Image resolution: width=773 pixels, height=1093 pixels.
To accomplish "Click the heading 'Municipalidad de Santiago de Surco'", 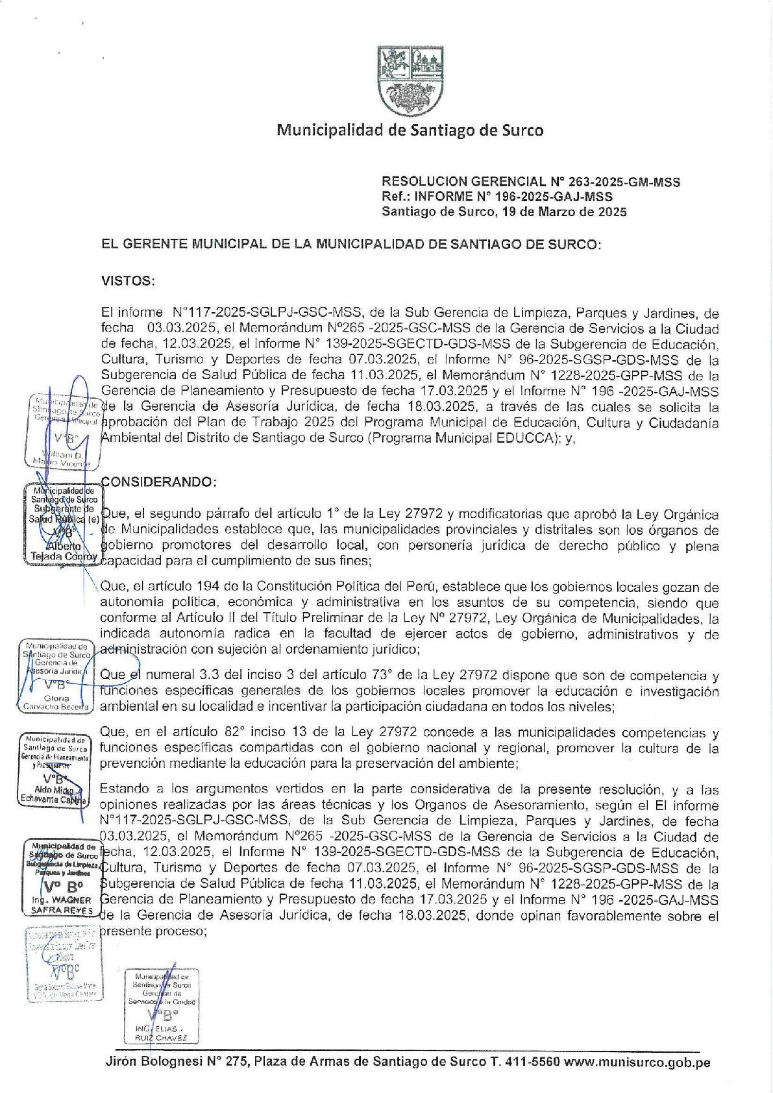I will tap(410, 130).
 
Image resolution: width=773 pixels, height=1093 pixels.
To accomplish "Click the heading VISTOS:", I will tap(128, 281).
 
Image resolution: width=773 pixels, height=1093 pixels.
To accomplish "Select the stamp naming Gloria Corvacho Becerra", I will tap(57, 676).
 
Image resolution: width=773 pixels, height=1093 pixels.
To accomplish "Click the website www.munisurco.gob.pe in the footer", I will tap(637, 1063).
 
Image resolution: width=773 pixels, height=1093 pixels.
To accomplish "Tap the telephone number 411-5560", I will tap(528, 1063).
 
